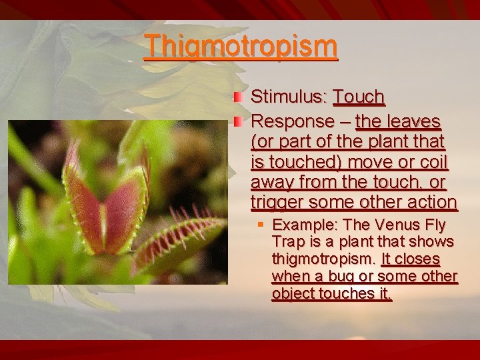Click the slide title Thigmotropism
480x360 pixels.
pos(241,46)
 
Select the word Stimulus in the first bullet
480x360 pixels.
pos(287,97)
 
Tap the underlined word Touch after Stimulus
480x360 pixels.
pos(359,97)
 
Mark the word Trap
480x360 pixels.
pos(287,242)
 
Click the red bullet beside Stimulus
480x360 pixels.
pos(237,97)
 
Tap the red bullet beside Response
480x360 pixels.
pos(237,122)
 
